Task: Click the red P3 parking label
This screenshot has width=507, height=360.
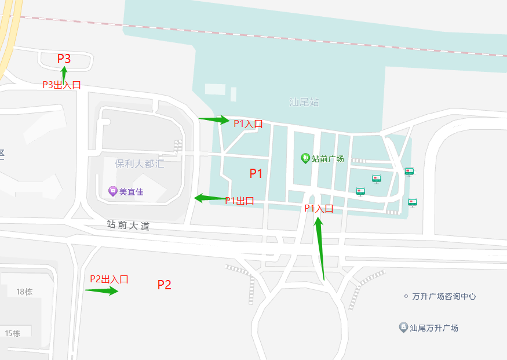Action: [64, 59]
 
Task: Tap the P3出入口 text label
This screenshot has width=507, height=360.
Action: [61, 85]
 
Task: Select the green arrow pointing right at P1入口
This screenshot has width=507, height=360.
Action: [214, 119]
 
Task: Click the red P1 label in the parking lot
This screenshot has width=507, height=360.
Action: [256, 173]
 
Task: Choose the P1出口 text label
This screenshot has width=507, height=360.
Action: [239, 201]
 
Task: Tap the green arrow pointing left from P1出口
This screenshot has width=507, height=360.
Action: [209, 198]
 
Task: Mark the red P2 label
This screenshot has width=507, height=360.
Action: [165, 285]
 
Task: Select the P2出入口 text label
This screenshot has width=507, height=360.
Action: [109, 279]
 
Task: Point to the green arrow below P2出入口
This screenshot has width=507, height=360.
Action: [101, 290]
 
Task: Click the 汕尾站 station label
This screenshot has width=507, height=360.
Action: [304, 103]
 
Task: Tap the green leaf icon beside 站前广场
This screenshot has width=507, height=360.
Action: [305, 158]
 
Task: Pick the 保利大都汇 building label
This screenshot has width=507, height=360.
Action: [139, 163]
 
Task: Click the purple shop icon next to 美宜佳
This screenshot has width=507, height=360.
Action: [112, 191]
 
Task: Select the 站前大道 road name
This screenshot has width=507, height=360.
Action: [128, 226]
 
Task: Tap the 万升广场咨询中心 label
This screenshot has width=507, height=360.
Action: [444, 296]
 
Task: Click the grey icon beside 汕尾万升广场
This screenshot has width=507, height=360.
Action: [403, 328]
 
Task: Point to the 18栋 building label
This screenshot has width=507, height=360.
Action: [24, 292]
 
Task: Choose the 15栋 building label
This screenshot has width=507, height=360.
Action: [13, 333]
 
